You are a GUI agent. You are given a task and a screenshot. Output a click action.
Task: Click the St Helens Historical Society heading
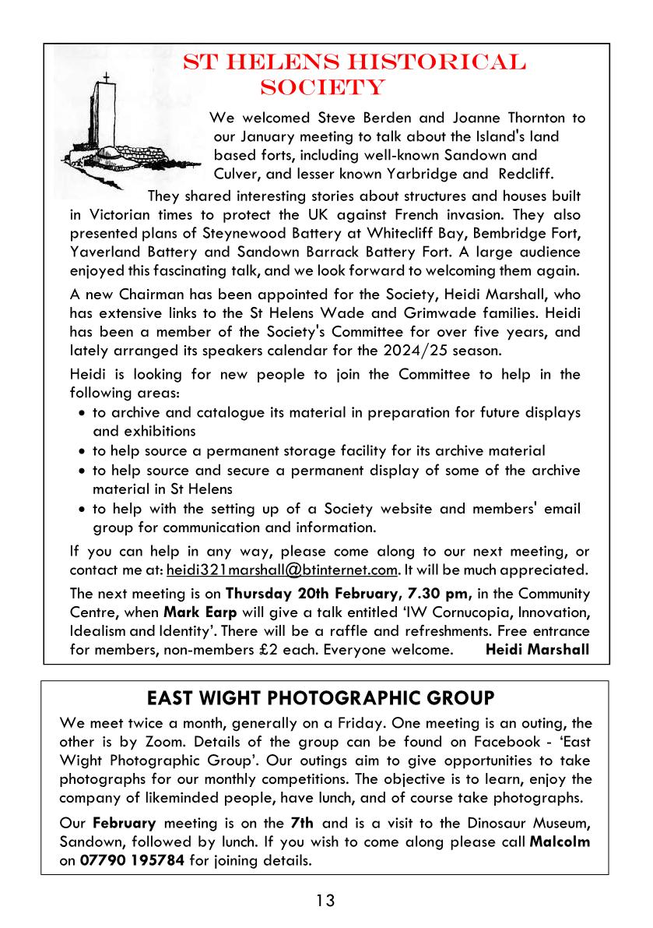coord(354,74)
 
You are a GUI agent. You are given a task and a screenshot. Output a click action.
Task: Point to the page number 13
coord(325,901)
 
